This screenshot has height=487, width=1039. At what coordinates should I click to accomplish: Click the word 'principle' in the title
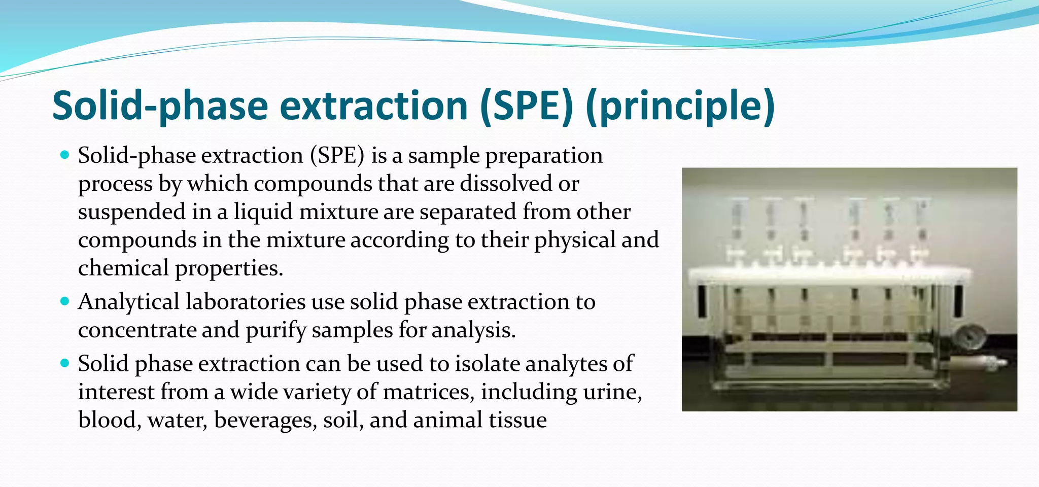pos(680,106)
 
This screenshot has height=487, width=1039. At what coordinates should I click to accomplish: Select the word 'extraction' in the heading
pos(373,106)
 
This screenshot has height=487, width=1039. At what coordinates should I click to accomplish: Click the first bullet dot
pos(64,154)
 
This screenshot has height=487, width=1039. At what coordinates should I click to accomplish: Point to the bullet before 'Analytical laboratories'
pos(64,301)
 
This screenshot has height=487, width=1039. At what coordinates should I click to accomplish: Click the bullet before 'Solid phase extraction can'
pos(64,363)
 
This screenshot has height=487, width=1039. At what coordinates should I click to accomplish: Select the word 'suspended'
pos(131,212)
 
